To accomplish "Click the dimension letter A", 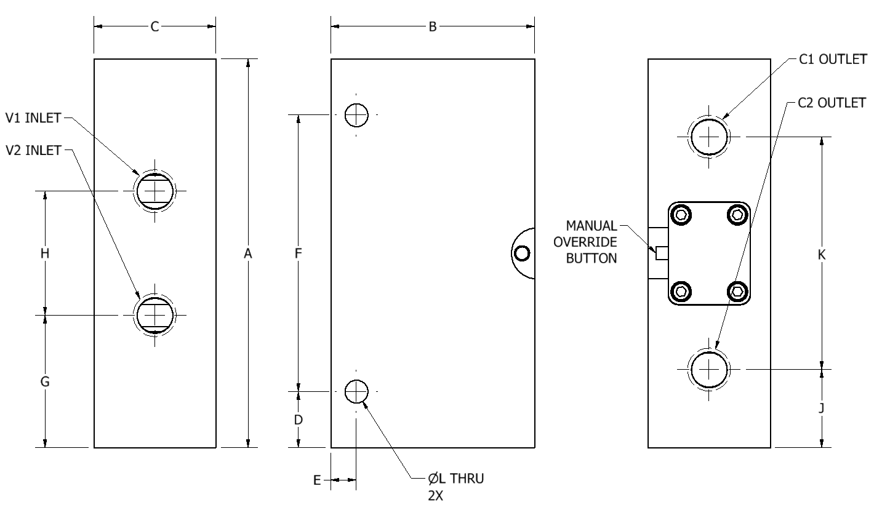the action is (x=248, y=254).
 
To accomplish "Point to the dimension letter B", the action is (x=432, y=27).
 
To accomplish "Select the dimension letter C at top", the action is (x=154, y=27).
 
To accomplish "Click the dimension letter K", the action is (x=821, y=255).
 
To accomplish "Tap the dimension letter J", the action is (x=821, y=408).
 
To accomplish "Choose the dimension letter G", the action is (x=45, y=381).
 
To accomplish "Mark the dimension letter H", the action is (x=45, y=253).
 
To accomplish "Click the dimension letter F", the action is (x=298, y=253).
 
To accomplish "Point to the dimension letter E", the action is (x=317, y=480).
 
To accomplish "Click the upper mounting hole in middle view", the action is (x=356, y=115).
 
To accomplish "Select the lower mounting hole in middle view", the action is (x=356, y=391).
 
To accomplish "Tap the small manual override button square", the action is (x=662, y=253).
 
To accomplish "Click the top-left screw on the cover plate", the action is (x=681, y=215).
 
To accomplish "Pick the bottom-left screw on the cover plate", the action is (x=681, y=292).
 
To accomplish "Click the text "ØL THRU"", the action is (x=455, y=478).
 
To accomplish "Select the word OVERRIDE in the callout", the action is (x=585, y=242).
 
